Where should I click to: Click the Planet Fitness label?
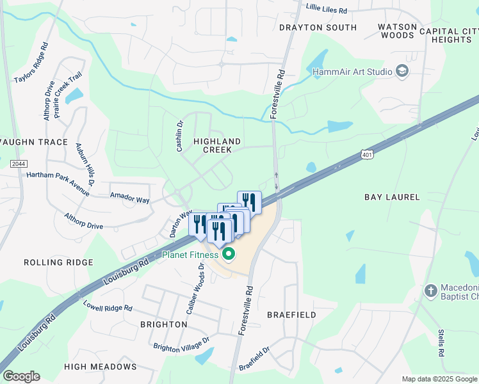click(x=190, y=255)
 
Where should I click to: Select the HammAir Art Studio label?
click(x=352, y=72)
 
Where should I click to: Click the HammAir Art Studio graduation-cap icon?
click(x=402, y=71)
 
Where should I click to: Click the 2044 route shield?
click(x=19, y=164)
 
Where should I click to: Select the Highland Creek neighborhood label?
click(x=217, y=145)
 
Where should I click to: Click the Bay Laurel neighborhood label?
click(x=392, y=197)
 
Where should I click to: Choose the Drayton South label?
click(x=318, y=28)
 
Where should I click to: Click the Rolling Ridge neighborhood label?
click(x=58, y=262)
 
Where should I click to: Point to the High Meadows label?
click(x=101, y=367)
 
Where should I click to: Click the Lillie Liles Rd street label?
click(x=327, y=11)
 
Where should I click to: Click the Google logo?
click(x=21, y=376)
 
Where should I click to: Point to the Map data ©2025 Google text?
click(x=439, y=379)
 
